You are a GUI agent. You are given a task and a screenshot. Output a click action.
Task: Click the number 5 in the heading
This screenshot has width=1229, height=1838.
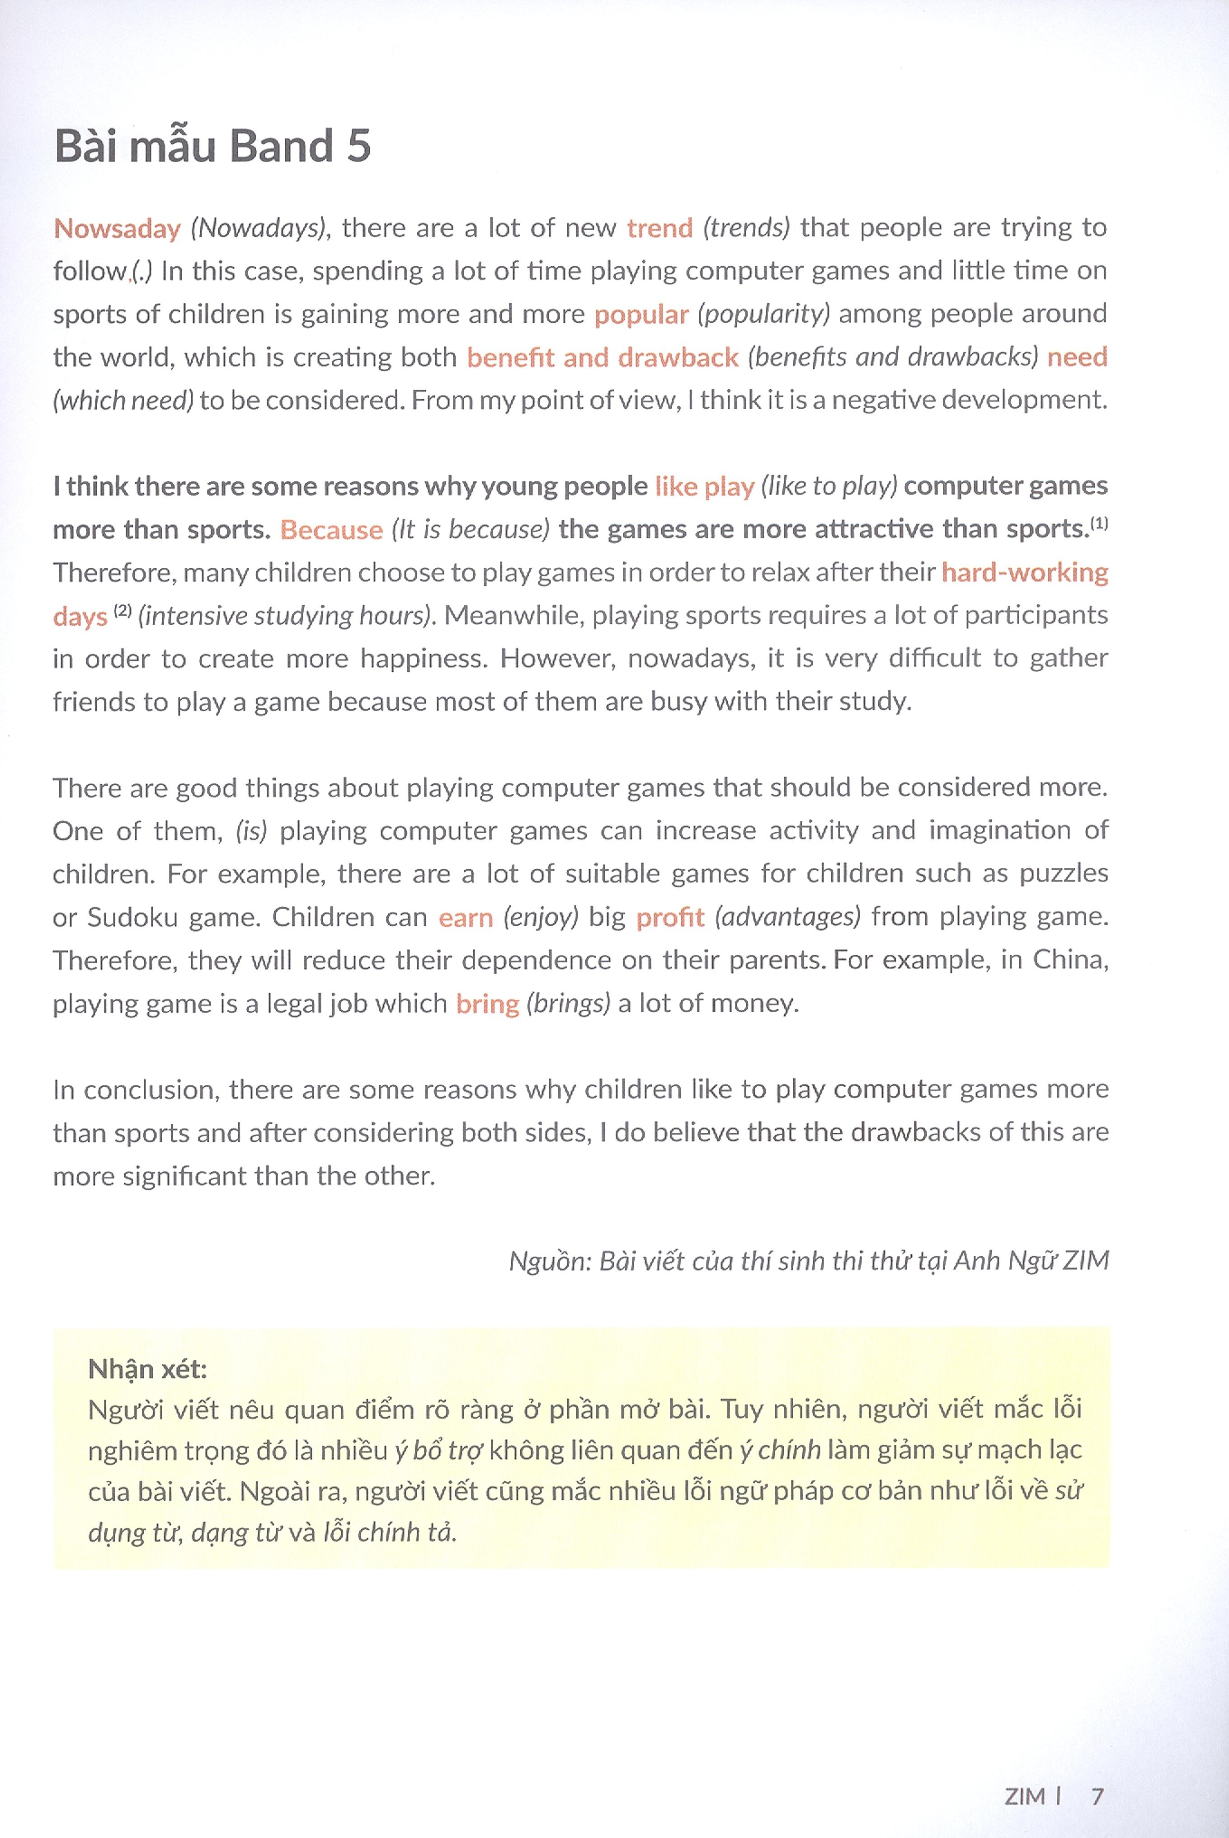[358, 146]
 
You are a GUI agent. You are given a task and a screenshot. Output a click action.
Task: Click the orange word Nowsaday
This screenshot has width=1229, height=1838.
[117, 228]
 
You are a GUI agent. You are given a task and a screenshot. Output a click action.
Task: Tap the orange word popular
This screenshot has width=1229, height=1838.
[640, 314]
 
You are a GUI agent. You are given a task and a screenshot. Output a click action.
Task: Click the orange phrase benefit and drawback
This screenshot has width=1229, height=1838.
[602, 358]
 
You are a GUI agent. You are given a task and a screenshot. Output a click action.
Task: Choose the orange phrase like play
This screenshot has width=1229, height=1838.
[704, 487]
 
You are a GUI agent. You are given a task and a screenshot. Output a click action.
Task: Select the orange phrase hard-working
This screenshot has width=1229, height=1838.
[1024, 572]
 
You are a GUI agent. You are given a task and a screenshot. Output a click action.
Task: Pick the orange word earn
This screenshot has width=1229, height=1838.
[466, 917]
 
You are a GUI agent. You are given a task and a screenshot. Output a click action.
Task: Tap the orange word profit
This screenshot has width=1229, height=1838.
[670, 917]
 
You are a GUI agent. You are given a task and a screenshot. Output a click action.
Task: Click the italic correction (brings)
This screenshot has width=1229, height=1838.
[567, 1003]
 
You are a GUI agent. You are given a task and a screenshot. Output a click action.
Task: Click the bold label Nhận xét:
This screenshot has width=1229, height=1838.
[147, 1368]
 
